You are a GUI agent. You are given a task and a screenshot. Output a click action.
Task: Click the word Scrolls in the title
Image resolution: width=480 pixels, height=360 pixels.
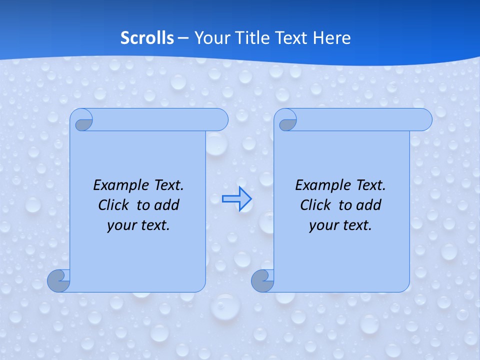(x=147, y=38)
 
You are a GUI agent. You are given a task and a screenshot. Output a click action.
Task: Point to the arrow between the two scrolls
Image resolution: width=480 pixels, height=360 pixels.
(x=237, y=199)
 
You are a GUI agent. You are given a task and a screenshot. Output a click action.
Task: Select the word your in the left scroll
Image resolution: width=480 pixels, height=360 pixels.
(x=120, y=225)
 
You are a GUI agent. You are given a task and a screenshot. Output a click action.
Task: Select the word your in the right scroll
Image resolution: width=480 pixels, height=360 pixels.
(x=322, y=225)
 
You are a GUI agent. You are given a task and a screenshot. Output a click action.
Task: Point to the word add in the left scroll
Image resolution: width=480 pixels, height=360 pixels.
(x=167, y=205)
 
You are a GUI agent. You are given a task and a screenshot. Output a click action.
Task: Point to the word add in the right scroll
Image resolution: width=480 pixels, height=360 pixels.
(x=369, y=205)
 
